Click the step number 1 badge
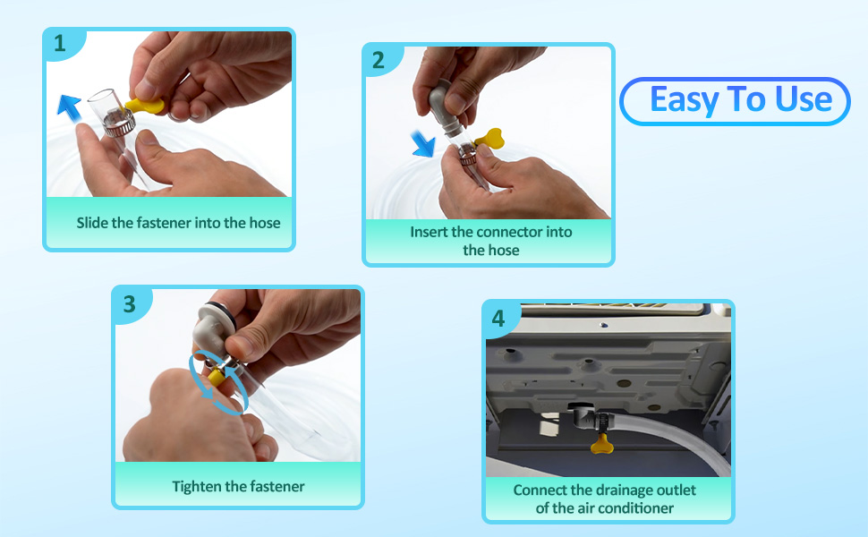pyautogui.click(x=60, y=43)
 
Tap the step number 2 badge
pyautogui.click(x=379, y=60)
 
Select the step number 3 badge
pyautogui.click(x=129, y=304)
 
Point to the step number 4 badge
pyautogui.click(x=498, y=319)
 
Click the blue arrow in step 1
pyautogui.click(x=70, y=107)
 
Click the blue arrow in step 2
pyautogui.click(x=423, y=144)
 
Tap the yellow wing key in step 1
pyautogui.click(x=145, y=106)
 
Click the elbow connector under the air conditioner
pyautogui.click(x=582, y=418)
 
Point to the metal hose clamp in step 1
pyautogui.click(x=118, y=123)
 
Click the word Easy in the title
pyautogui.click(x=685, y=99)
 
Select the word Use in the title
pyautogui.click(x=804, y=99)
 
